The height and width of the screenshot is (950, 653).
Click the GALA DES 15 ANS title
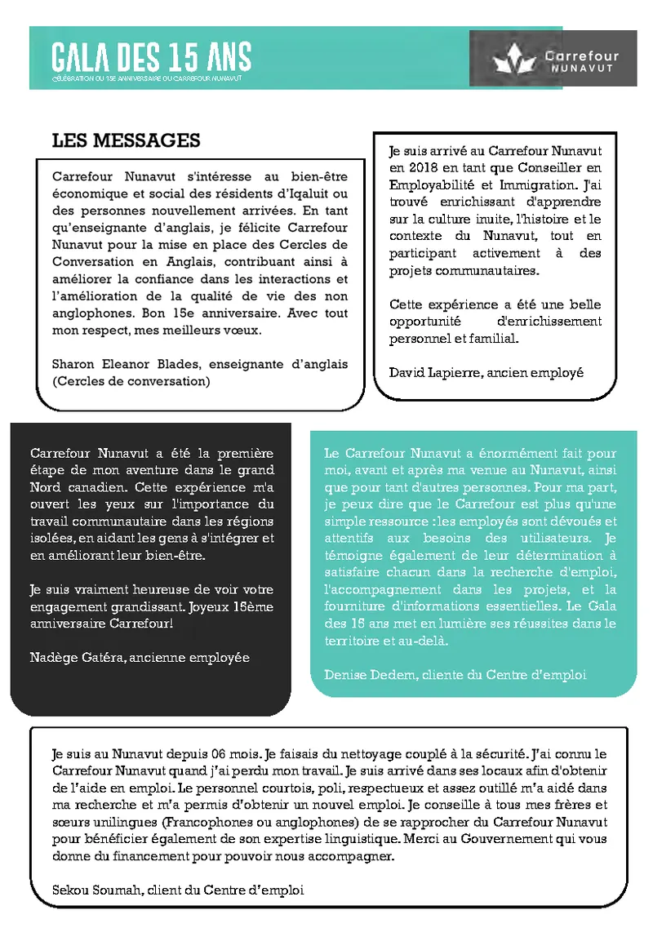(x=152, y=57)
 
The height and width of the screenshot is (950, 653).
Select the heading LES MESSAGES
(x=126, y=140)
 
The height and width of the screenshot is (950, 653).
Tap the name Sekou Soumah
(x=89, y=890)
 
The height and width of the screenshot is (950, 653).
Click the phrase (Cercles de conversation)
(x=131, y=381)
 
